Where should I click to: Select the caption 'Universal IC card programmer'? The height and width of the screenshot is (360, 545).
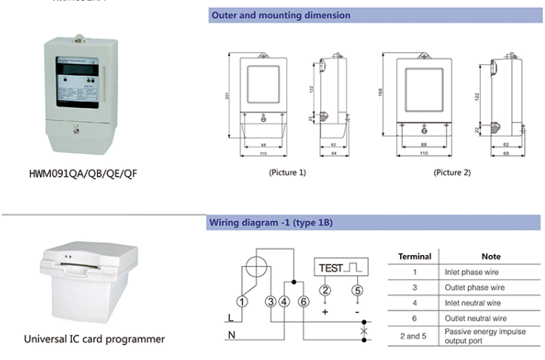pos(94,339)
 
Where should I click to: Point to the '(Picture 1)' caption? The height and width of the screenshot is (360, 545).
pos(288,172)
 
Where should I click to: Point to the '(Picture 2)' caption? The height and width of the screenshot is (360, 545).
pos(452,172)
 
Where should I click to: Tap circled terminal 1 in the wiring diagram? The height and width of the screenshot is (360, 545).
pos(240,300)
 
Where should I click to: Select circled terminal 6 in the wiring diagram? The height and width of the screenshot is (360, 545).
pos(303,300)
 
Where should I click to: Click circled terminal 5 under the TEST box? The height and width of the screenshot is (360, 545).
pos(357,290)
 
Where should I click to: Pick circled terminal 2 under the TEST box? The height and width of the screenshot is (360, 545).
pos(325,290)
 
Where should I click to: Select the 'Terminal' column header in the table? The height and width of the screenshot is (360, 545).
pos(415,257)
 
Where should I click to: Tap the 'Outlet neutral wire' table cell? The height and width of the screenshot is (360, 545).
pos(478,318)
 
